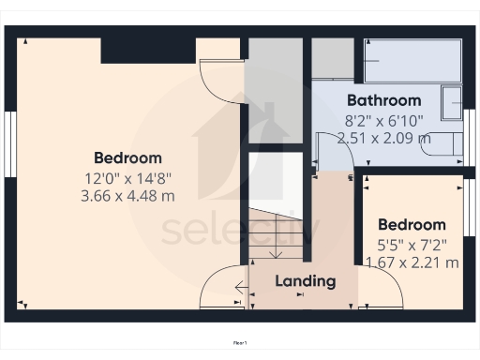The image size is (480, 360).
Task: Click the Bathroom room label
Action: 383,100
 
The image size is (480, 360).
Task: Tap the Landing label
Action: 305,280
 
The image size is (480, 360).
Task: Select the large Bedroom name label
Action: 127,157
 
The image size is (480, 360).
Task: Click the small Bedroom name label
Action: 411,225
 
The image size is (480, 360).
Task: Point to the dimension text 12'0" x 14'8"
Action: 127,177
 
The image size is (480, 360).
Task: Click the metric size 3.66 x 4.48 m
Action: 127,196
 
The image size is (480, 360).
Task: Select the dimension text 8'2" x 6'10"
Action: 383,120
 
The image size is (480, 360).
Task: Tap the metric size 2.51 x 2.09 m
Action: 383,138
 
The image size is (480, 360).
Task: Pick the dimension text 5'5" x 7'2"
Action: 411,245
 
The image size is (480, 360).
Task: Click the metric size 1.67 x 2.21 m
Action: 411,262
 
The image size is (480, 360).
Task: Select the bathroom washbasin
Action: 452,99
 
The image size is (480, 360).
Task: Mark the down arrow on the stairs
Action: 276,251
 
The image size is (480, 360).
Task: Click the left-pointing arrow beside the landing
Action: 240,289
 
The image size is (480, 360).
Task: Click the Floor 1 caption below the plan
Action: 240,343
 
